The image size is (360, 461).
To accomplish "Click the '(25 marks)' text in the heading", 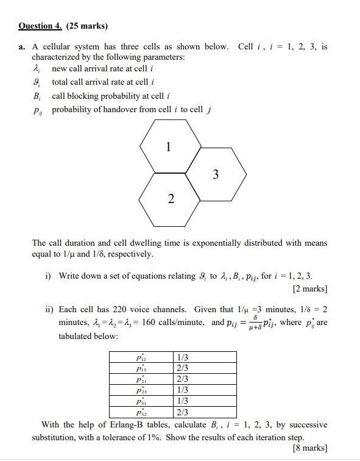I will tap(86, 26).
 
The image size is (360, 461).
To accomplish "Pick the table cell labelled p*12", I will tap(141, 357).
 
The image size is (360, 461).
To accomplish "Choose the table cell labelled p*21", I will tap(141, 379).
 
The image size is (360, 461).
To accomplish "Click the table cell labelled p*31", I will tap(141, 401).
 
